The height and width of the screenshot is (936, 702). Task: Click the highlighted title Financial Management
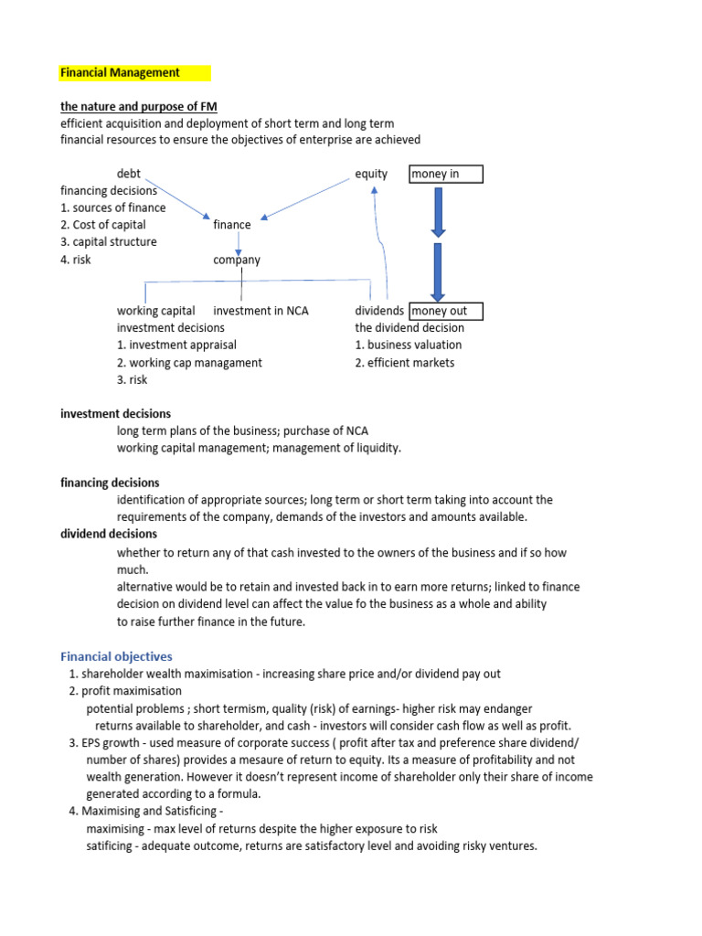pos(121,72)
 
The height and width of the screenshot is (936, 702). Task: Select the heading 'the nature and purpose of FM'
pos(138,106)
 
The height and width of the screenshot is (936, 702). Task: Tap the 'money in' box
pos(445,174)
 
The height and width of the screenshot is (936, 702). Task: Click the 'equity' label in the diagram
pos(371,174)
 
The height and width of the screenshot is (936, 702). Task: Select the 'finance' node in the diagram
pos(231,225)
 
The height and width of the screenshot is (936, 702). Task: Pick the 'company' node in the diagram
pos(237,260)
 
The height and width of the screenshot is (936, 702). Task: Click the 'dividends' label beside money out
pos(379,311)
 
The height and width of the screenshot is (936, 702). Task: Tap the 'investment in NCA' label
pos(261,311)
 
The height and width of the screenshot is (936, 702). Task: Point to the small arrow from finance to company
pos(238,243)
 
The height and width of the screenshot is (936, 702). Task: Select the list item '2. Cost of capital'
pos(102,225)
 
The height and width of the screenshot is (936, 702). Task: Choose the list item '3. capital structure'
pos(108,242)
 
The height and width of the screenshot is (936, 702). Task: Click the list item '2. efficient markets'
pos(404,363)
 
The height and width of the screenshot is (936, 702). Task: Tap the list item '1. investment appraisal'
pos(176,346)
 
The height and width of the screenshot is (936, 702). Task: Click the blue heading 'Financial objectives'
pos(116,656)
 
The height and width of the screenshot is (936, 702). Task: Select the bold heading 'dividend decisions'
pos(109,534)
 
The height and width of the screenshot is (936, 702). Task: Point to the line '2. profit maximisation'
pos(125,691)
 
